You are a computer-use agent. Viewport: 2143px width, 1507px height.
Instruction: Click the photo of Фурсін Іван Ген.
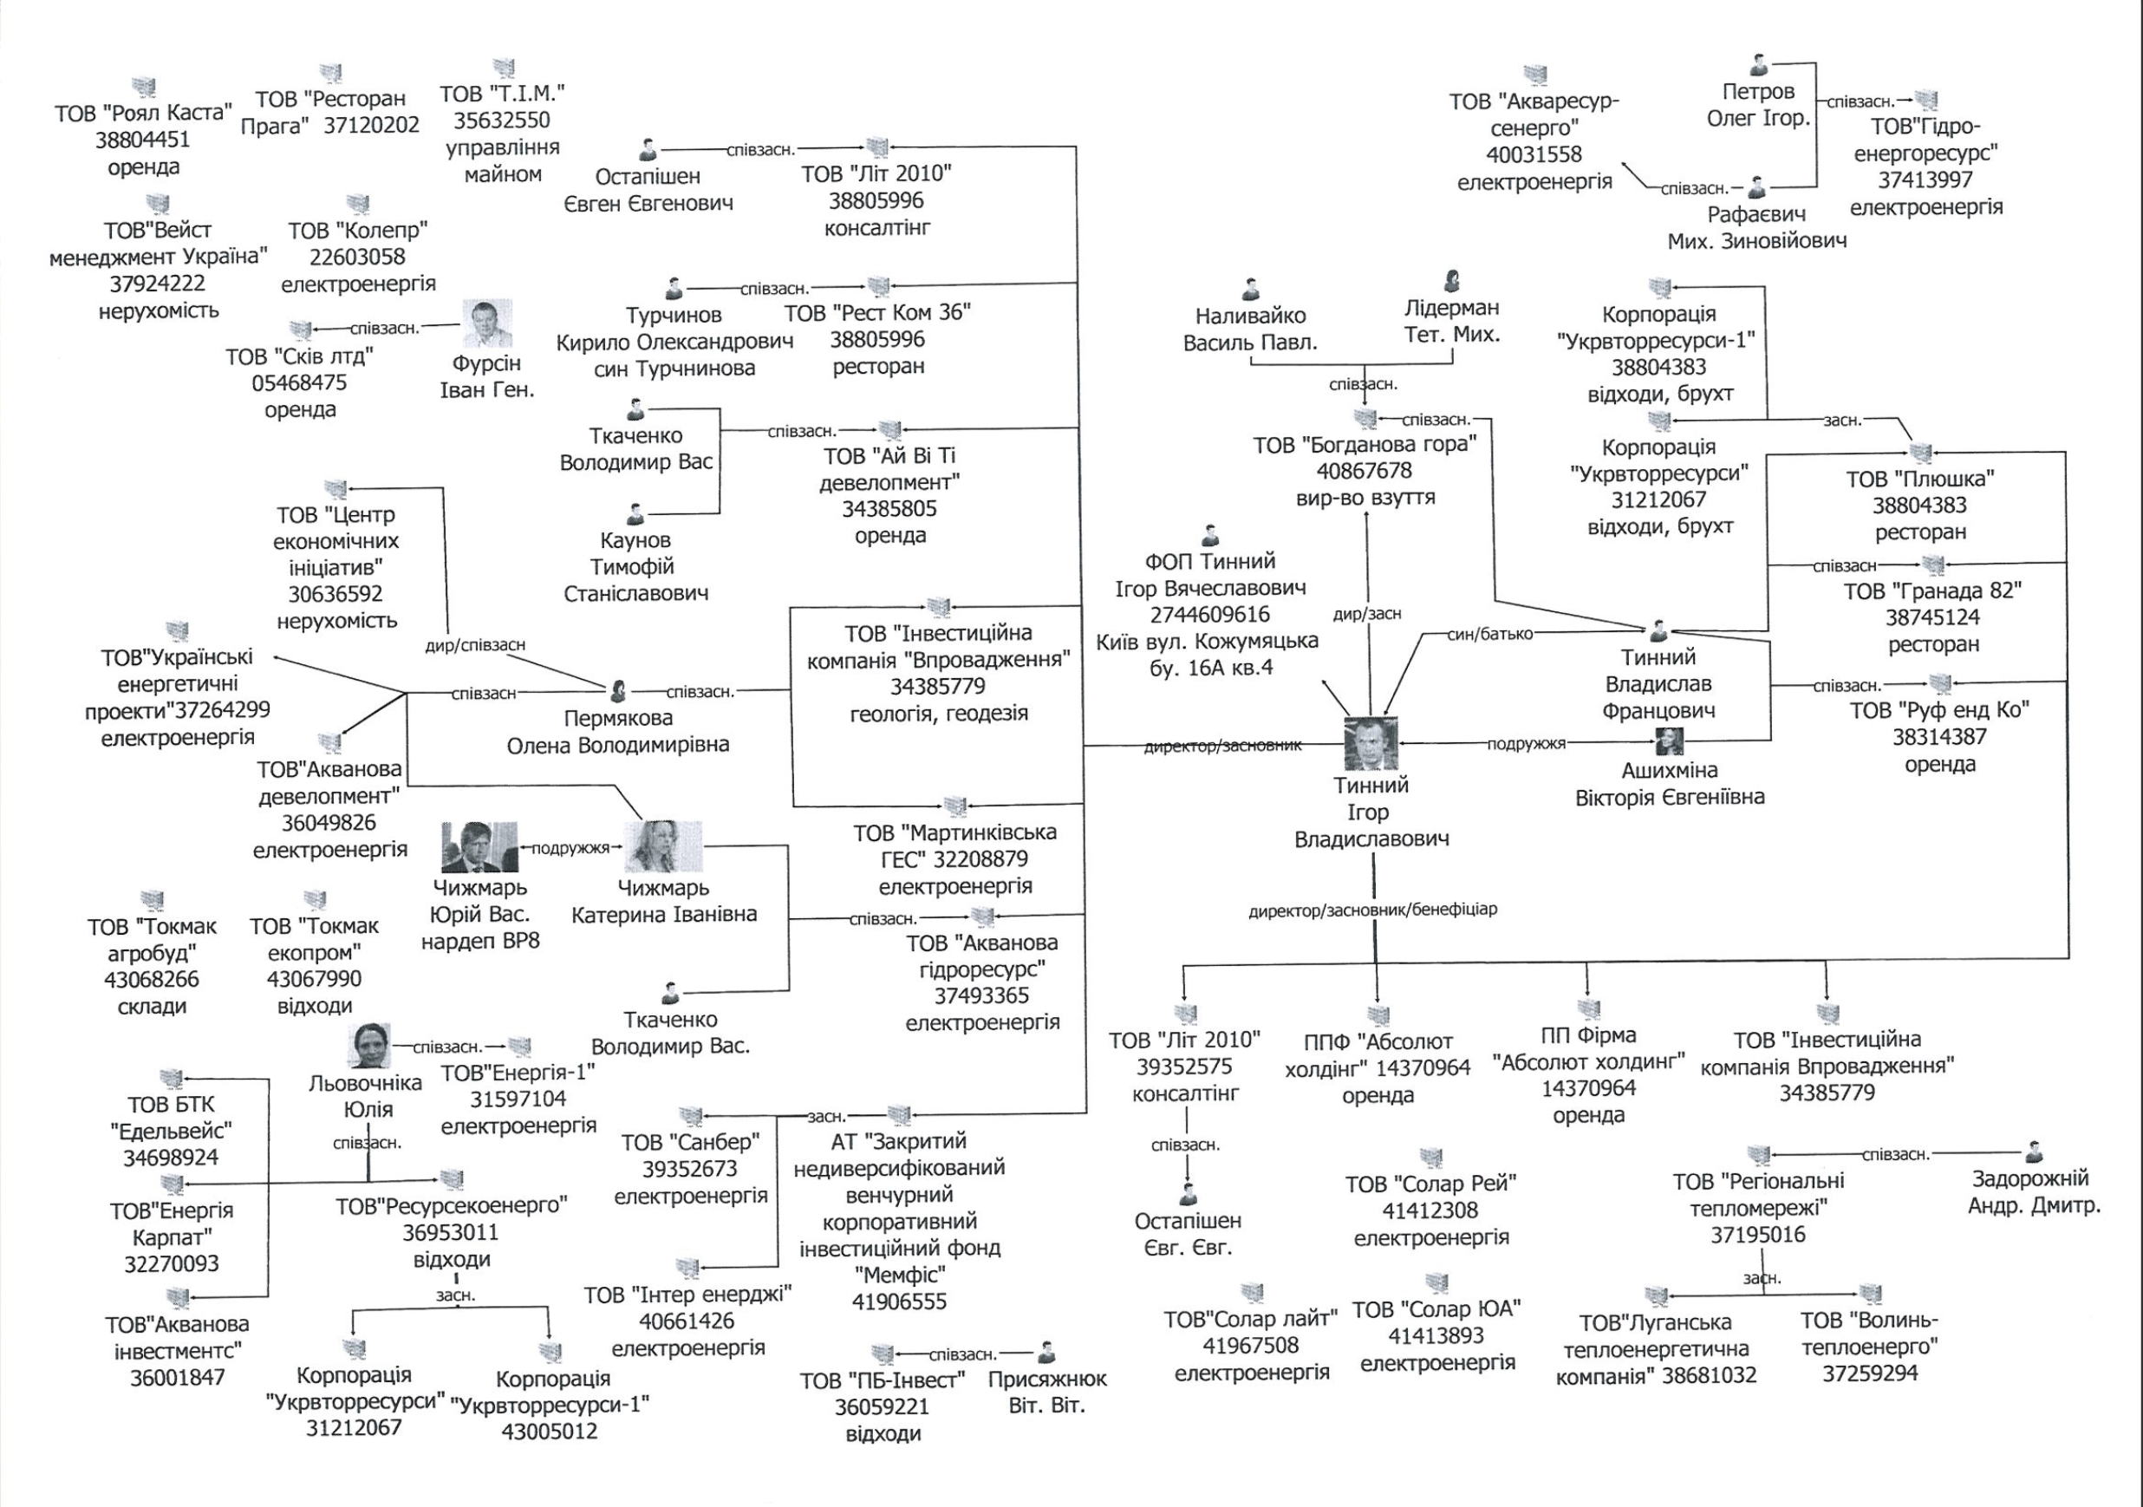[487, 324]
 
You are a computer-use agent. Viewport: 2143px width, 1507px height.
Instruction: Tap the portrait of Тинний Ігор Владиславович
[1371, 744]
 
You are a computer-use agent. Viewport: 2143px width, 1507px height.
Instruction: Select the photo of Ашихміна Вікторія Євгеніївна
[1669, 742]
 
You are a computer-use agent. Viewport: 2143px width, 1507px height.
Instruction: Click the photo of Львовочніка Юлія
[368, 1045]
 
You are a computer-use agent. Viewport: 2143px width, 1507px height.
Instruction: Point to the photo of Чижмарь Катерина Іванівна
[662, 847]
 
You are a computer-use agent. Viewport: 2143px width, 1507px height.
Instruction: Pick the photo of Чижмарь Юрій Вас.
[479, 847]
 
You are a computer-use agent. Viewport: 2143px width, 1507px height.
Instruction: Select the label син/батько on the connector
[1489, 634]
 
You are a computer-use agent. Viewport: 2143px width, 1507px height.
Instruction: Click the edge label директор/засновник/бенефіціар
[1372, 910]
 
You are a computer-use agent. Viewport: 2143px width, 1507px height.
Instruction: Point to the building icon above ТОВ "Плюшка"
[1920, 453]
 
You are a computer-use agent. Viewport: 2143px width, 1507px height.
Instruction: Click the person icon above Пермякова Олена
[617, 692]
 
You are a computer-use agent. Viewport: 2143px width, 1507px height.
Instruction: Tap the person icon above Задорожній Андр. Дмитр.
[2034, 1152]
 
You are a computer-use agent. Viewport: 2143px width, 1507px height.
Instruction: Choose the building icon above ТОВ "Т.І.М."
[503, 68]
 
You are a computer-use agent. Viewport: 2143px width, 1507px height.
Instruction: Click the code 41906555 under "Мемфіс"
[899, 1301]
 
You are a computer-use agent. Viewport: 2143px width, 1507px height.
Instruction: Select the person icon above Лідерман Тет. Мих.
[1451, 280]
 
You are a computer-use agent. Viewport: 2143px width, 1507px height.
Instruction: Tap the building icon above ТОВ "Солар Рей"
[1431, 1158]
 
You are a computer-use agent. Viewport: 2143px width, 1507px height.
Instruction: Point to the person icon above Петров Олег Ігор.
[1758, 65]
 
